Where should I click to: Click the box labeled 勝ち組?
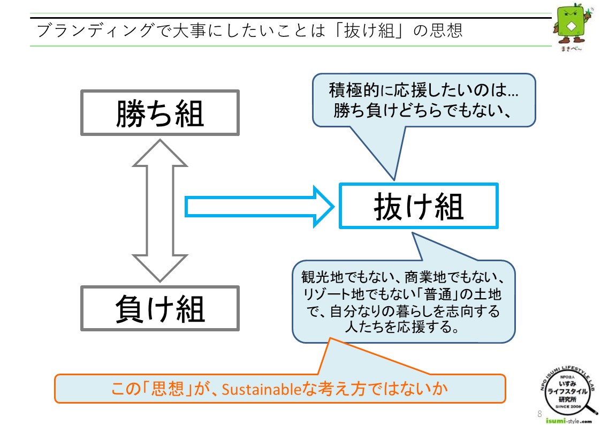pyautogui.click(x=160, y=112)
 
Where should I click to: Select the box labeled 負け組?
pyautogui.click(x=160, y=308)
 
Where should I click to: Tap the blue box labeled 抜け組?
pyautogui.click(x=419, y=206)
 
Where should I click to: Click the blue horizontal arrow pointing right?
pyautogui.click(x=259, y=207)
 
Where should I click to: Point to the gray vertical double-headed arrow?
pyautogui.click(x=160, y=210)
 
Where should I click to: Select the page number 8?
pyautogui.click(x=539, y=414)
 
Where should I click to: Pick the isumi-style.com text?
pyautogui.click(x=569, y=421)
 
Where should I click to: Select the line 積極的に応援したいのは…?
pyautogui.click(x=423, y=90)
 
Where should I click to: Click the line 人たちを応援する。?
pyautogui.click(x=402, y=327)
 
